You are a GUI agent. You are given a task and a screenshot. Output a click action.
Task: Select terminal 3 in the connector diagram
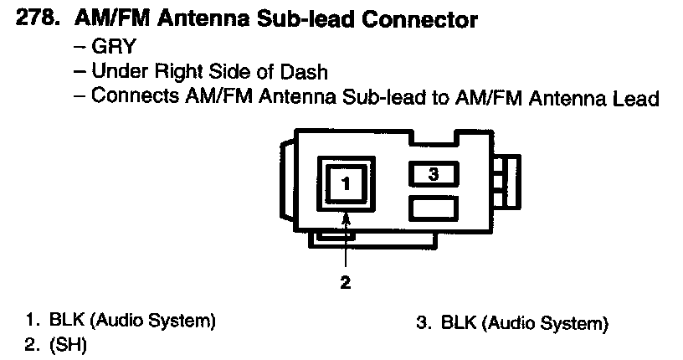pos(433,174)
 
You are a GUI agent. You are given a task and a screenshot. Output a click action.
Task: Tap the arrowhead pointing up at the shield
pos(346,219)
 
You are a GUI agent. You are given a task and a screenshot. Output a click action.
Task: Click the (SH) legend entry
pos(68,344)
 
